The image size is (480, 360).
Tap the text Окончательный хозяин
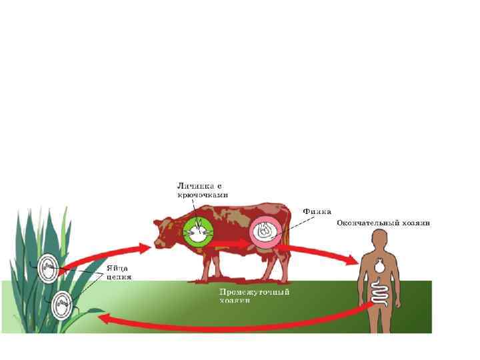pyautogui.click(x=383, y=223)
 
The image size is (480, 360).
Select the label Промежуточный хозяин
pyautogui.click(x=255, y=296)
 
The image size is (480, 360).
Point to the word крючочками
pyautogui.click(x=203, y=195)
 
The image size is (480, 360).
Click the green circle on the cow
pyautogui.click(x=197, y=233)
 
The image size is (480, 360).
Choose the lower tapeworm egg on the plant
pyautogui.click(x=63, y=306)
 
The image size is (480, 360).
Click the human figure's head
pyautogui.click(x=379, y=239)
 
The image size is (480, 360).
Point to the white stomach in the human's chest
pyautogui.click(x=380, y=265)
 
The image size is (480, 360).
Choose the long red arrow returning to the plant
pyautogui.click(x=233, y=323)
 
